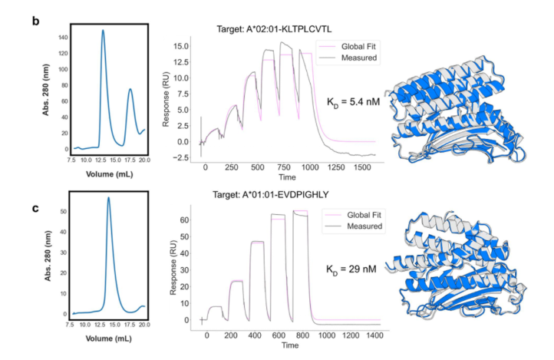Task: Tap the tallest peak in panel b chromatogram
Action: [x=103, y=31]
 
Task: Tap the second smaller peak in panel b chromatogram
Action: [x=130, y=89]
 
